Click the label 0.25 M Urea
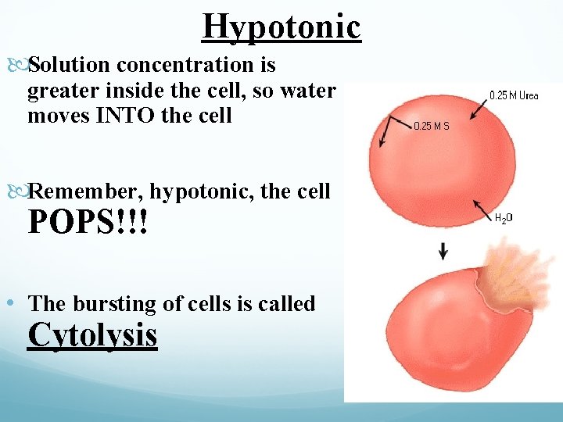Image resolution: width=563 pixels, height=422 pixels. pos(514,95)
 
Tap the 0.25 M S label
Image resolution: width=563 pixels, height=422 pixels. pos(431,125)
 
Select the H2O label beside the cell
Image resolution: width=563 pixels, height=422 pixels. pos(504,220)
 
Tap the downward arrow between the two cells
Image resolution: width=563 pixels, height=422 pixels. pos(443,251)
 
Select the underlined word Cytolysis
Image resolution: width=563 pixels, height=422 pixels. pos(92,334)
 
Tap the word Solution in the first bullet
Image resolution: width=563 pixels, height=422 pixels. pos(63,66)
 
